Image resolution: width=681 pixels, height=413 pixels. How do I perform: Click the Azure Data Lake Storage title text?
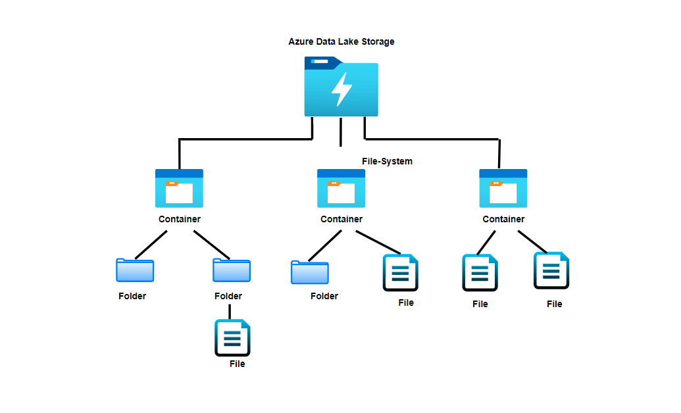(x=341, y=41)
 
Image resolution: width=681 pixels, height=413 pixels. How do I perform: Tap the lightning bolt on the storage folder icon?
(x=341, y=89)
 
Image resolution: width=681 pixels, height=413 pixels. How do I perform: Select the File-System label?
(x=387, y=161)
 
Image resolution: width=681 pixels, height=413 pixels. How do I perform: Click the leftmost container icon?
(x=179, y=188)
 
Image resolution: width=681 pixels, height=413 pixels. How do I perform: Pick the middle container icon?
(x=341, y=188)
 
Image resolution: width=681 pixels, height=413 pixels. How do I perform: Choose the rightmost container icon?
(x=503, y=188)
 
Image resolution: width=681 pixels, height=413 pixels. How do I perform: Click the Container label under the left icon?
(x=179, y=219)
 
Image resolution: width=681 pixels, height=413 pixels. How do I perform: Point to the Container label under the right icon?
(x=503, y=219)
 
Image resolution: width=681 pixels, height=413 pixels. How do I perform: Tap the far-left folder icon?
(x=135, y=270)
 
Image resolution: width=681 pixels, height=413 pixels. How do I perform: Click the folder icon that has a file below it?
(x=231, y=270)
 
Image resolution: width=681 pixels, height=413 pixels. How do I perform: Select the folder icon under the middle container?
(x=310, y=272)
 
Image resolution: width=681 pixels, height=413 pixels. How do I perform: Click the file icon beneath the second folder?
(x=232, y=337)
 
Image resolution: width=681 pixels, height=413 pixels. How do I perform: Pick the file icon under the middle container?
(x=401, y=272)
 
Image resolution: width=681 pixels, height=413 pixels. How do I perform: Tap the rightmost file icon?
(x=551, y=270)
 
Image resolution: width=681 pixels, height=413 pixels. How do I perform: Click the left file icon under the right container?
(x=480, y=272)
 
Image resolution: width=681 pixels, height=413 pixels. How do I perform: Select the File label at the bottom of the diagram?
(x=237, y=364)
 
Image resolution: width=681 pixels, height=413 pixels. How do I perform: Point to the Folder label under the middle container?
(x=324, y=296)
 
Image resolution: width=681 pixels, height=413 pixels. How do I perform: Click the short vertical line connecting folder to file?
(x=230, y=311)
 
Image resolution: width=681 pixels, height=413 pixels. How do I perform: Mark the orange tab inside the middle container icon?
(x=334, y=183)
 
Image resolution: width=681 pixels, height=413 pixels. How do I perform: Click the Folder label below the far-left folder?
(x=132, y=296)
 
